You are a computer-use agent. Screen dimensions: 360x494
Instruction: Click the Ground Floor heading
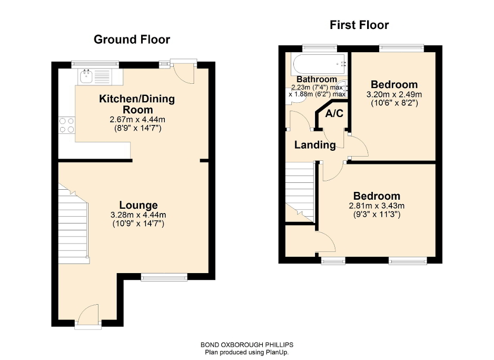132,40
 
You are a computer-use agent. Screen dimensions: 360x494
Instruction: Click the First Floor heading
359,25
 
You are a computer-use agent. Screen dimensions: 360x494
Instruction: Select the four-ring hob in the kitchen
67,124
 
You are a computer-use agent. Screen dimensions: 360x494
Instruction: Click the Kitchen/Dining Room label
137,104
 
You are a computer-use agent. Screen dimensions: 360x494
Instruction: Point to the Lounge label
139,205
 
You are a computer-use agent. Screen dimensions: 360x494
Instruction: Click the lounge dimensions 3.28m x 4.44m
139,215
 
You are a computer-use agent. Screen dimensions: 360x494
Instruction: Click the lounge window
164,277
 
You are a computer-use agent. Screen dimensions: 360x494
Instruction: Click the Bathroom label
316,80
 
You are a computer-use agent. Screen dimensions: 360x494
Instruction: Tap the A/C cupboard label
334,114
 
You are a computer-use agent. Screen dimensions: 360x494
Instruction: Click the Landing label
315,145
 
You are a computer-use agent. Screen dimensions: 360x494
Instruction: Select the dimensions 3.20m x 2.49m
394,95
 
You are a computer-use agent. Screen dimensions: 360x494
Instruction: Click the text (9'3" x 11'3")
376,215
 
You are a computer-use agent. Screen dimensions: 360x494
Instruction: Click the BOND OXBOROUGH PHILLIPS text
247,345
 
